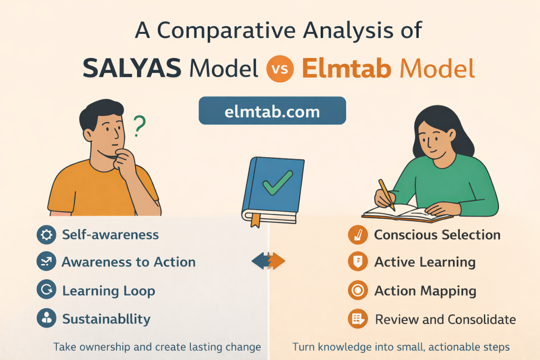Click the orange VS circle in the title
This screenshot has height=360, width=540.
(x=279, y=69)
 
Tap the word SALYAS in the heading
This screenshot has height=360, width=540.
(x=132, y=68)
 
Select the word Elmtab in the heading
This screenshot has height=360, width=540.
(x=346, y=68)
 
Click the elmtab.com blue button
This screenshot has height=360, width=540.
(x=272, y=111)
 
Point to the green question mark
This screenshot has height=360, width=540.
(x=139, y=126)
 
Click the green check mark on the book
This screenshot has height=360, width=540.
(x=277, y=182)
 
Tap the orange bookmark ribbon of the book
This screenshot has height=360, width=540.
(x=255, y=220)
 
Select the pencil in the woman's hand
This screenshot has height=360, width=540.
(x=387, y=195)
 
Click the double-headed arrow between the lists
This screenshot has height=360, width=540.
(x=268, y=261)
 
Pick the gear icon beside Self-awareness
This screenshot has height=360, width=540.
(x=46, y=235)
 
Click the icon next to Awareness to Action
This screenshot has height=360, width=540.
(x=46, y=261)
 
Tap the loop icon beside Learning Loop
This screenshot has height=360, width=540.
(x=46, y=290)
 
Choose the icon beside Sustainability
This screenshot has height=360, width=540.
(x=46, y=318)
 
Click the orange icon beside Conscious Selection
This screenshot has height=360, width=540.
(x=358, y=235)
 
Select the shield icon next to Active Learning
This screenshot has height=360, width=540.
(x=358, y=261)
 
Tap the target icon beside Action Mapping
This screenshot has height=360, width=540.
(x=358, y=290)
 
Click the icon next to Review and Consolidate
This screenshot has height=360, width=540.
(x=358, y=319)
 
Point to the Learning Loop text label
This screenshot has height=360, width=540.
(x=109, y=291)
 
